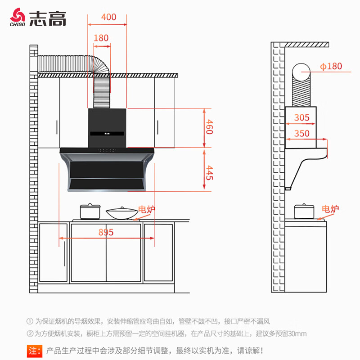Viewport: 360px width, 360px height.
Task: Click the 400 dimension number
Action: pos(108,17)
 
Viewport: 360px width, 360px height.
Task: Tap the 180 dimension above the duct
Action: pos(101,38)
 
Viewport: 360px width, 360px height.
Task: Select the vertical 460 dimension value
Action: pos(209,126)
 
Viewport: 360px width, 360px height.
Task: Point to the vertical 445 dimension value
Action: pos(209,172)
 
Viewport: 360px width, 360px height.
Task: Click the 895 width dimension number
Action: pos(106,232)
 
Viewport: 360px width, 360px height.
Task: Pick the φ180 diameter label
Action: pos(331,66)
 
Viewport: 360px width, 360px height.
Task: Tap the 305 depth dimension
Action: pos(301,117)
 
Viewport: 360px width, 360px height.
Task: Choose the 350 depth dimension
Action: pos(301,133)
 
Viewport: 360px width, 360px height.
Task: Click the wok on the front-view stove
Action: pos(121,213)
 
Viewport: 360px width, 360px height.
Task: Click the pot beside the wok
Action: pos(90,211)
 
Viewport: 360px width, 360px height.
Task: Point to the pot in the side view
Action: pos(304,211)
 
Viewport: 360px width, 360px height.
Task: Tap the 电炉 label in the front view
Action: pos(147,209)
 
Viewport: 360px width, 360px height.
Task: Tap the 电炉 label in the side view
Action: pos(330,209)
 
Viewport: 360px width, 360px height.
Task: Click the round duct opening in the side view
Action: pos(301,72)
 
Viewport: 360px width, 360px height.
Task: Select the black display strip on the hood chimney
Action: pos(107,133)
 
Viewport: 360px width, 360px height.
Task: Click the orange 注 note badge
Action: pos(35,351)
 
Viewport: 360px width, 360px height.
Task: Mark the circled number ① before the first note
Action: pos(30,321)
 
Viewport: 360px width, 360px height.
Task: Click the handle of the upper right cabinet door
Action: pos(157,127)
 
